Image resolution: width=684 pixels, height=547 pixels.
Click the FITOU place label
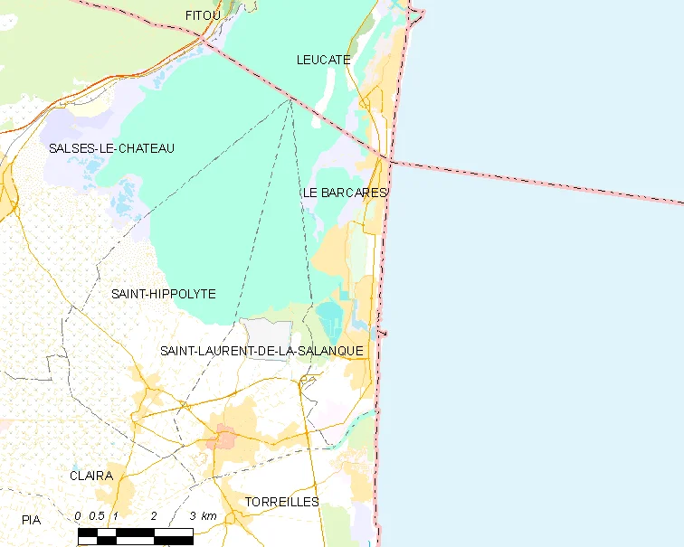(x=202, y=15)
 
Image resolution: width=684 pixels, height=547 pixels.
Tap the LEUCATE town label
(x=323, y=60)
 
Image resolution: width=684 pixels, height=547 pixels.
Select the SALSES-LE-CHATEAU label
(x=111, y=148)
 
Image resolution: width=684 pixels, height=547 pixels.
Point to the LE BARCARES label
(x=345, y=193)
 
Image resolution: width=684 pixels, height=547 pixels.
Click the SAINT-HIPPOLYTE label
(x=163, y=294)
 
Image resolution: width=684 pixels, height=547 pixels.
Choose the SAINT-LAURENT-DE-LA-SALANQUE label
(x=261, y=351)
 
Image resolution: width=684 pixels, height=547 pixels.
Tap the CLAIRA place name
(x=91, y=476)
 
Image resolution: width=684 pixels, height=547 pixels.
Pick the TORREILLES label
(x=281, y=502)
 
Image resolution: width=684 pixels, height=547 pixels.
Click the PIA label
(x=32, y=520)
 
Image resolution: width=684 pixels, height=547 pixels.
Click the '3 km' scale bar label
(x=204, y=516)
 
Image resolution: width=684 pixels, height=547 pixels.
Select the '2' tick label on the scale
(x=154, y=516)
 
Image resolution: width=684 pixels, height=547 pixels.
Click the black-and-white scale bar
(x=135, y=535)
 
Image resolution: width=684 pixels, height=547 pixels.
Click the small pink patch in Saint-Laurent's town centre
(x=223, y=440)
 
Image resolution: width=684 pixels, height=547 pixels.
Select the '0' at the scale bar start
(x=79, y=516)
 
